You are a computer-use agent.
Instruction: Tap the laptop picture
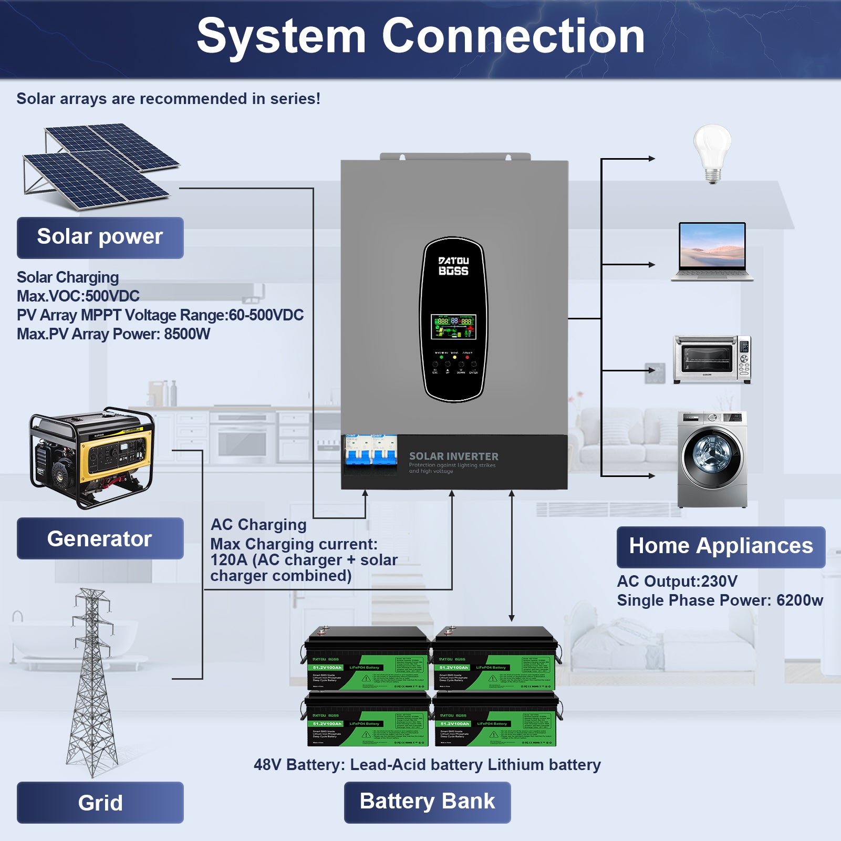click(x=712, y=251)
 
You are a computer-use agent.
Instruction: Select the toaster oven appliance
click(x=712, y=360)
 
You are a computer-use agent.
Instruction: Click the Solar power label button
click(x=100, y=237)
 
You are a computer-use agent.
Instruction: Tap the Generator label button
click(x=100, y=538)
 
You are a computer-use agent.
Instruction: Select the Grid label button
click(x=100, y=803)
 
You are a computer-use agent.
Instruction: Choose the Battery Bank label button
click(x=427, y=802)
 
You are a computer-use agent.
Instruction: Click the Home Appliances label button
click(x=721, y=546)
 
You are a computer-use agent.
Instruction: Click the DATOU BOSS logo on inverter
click(x=453, y=266)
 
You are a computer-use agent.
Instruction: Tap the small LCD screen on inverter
click(x=453, y=327)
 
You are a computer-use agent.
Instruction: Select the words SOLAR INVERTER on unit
click(x=453, y=456)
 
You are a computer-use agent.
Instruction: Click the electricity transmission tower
click(x=92, y=683)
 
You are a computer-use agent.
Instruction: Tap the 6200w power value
click(x=800, y=600)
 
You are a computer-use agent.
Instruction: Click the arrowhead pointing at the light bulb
click(x=651, y=158)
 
